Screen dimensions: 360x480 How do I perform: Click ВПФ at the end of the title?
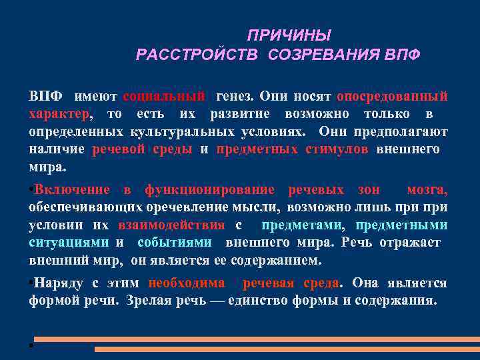pos(402,54)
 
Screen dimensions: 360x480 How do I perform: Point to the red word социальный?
pos(165,97)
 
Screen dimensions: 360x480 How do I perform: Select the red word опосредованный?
pos(392,97)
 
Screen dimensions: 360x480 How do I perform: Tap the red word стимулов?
pos(337,149)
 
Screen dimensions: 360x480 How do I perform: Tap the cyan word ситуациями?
pos(69,242)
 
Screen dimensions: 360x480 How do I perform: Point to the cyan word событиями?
pos(175,242)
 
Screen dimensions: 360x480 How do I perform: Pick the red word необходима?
pos(187,283)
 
